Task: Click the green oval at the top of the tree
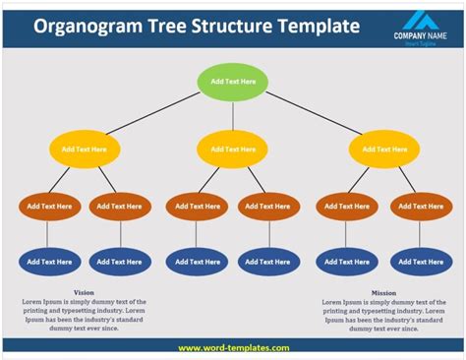pos(233,81)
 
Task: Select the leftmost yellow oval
pos(85,150)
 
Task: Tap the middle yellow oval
pos(232,150)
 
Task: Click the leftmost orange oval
pos(49,207)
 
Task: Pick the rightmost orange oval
pos(421,207)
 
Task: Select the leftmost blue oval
pos(49,262)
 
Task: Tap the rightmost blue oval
pos(421,262)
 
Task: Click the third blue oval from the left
pos(197,262)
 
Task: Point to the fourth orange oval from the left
pos(268,207)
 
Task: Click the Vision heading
pos(85,292)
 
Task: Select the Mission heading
pos(383,292)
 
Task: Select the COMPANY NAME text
pos(421,36)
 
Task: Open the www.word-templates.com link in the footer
pos(233,347)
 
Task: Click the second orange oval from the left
pos(120,207)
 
